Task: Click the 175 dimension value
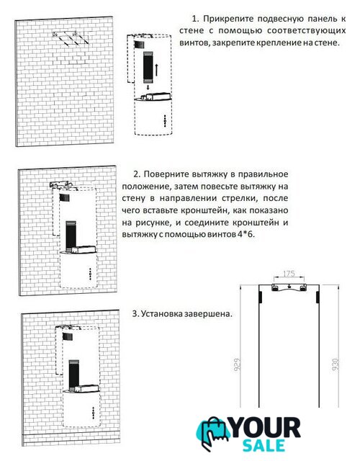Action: click(289, 274)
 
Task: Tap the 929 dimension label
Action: click(238, 364)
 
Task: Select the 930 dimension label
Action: click(336, 364)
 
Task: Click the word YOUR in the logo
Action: click(266, 428)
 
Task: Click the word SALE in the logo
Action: click(264, 446)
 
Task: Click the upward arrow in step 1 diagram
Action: click(157, 69)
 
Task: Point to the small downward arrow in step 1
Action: click(148, 88)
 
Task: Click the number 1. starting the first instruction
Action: click(195, 19)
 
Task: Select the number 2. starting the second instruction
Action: click(137, 174)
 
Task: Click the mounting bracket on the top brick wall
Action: click(71, 38)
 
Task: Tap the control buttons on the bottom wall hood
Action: click(93, 413)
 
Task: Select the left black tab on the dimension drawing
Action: click(260, 297)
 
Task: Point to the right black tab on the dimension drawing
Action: click(318, 297)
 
